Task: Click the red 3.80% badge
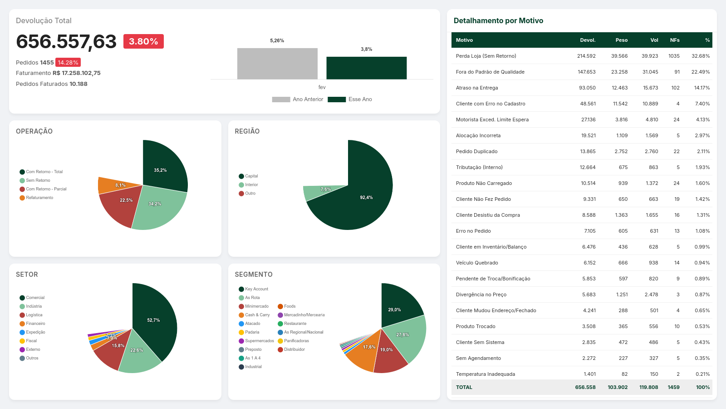[143, 41]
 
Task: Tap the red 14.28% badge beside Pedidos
[68, 63]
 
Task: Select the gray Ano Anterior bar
[277, 64]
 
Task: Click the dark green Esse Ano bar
[366, 68]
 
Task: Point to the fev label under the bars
[322, 87]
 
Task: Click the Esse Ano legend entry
[350, 100]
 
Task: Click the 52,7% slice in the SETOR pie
[154, 318]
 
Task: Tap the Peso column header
[621, 40]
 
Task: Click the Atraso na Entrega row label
[477, 88]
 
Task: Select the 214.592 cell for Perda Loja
[586, 56]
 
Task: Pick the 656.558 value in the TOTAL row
[585, 387]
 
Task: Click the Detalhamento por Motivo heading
[498, 20]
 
